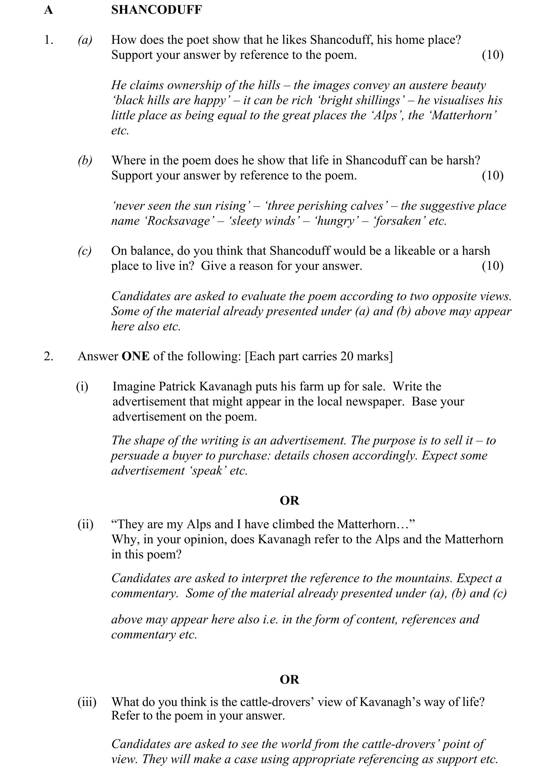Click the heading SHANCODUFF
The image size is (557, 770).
157,10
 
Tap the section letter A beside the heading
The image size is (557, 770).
48,10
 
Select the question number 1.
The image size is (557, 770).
48,40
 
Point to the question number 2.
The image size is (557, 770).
48,356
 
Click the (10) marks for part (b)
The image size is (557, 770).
493,176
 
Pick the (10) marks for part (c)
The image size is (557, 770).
493,266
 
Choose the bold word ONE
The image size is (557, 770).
135,356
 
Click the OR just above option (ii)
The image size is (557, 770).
289,501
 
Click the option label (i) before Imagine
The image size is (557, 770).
82,387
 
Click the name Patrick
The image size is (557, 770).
177,387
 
